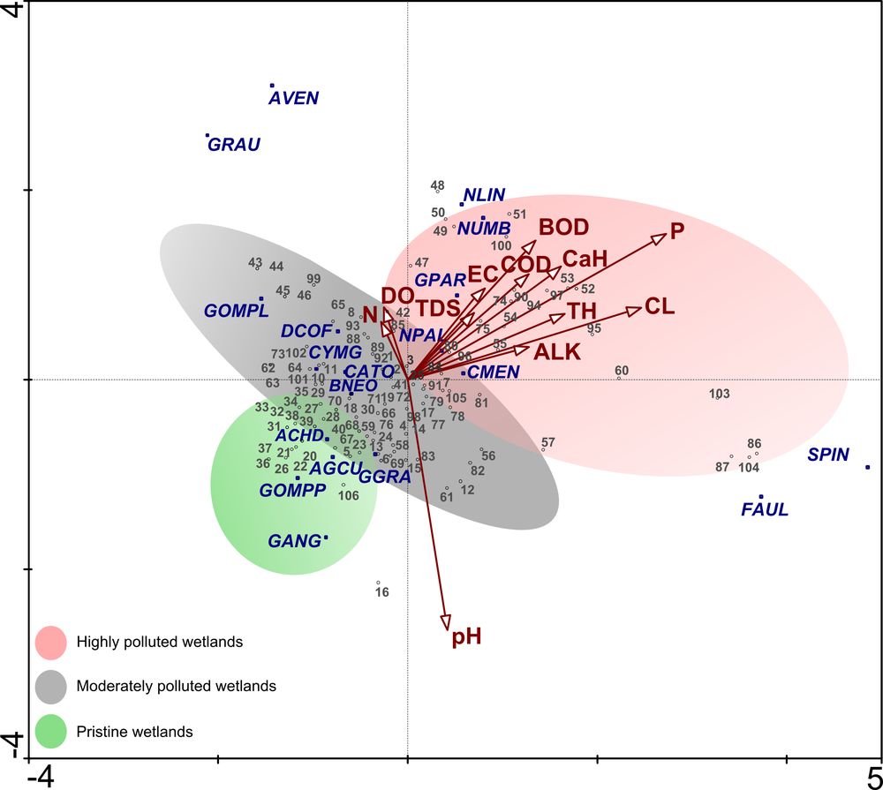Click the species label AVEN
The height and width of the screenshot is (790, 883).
coord(293,98)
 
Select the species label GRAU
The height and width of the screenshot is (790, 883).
coord(235,145)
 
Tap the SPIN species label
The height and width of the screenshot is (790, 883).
coord(828,455)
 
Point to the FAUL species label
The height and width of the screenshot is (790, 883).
coord(765,509)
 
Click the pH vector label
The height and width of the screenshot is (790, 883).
coord(466,636)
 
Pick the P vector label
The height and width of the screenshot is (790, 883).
coord(677,231)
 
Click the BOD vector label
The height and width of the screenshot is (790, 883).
coord(563,227)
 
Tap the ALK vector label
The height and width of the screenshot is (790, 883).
coord(558,351)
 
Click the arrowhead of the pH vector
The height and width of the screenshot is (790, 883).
coord(446,622)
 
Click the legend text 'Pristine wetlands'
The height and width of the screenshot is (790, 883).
coord(134,732)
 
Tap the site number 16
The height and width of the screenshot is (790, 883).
coord(382,592)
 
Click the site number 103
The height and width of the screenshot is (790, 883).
coord(720,394)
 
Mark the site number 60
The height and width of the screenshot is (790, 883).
coord(622,371)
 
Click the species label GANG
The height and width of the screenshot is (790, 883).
coord(293,540)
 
